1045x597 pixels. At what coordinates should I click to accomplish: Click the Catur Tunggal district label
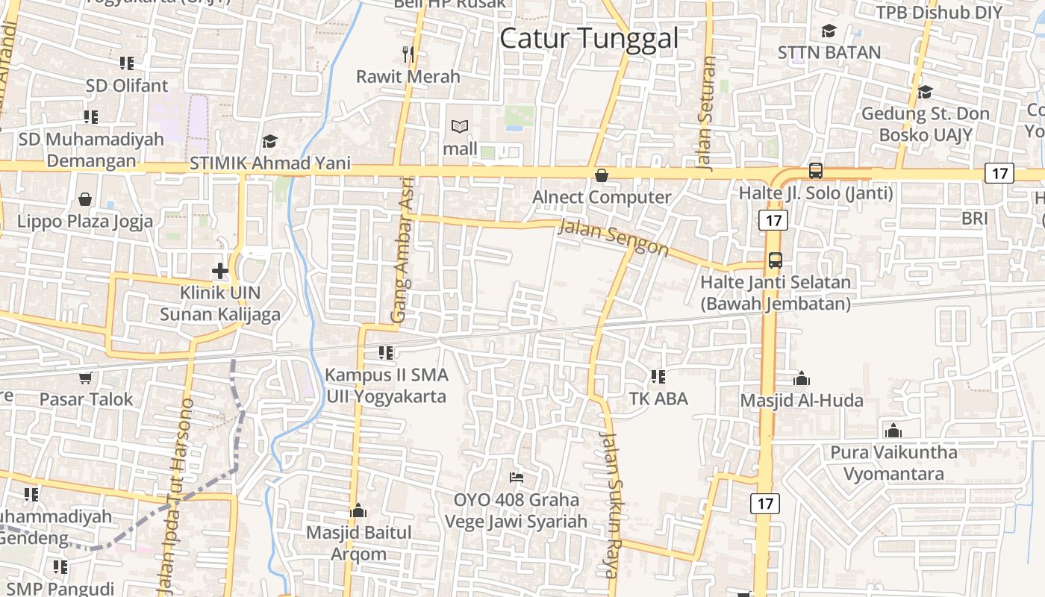tap(589, 38)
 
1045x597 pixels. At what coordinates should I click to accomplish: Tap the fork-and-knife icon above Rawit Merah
tap(408, 54)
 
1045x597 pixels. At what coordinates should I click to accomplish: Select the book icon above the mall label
tap(460, 127)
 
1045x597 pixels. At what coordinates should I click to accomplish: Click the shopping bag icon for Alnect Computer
tap(601, 175)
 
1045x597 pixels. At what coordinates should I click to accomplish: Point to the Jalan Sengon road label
tap(614, 238)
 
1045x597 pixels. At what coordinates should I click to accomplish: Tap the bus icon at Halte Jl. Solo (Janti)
tap(816, 171)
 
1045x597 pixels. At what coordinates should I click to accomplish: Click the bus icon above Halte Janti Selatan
tap(776, 260)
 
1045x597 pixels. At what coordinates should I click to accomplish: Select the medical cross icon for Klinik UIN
tap(219, 270)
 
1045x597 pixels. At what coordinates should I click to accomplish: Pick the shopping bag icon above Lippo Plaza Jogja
tap(85, 199)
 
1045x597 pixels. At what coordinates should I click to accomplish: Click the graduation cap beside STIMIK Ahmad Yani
tap(269, 141)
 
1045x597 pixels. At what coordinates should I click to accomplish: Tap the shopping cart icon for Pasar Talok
tap(85, 377)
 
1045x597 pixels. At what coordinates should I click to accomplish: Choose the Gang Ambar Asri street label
tap(402, 254)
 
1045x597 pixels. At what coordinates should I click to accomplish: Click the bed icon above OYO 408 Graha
tap(516, 477)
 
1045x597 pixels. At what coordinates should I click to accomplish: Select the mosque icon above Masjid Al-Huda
tap(802, 378)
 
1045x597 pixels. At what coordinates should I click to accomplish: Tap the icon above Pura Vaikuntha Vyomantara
tap(893, 431)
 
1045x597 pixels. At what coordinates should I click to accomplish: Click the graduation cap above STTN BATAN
tap(829, 31)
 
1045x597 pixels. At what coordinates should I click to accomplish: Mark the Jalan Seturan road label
tap(706, 113)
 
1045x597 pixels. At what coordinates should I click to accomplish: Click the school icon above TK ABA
tap(658, 376)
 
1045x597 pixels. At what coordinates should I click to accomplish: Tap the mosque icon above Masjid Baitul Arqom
tap(358, 510)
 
